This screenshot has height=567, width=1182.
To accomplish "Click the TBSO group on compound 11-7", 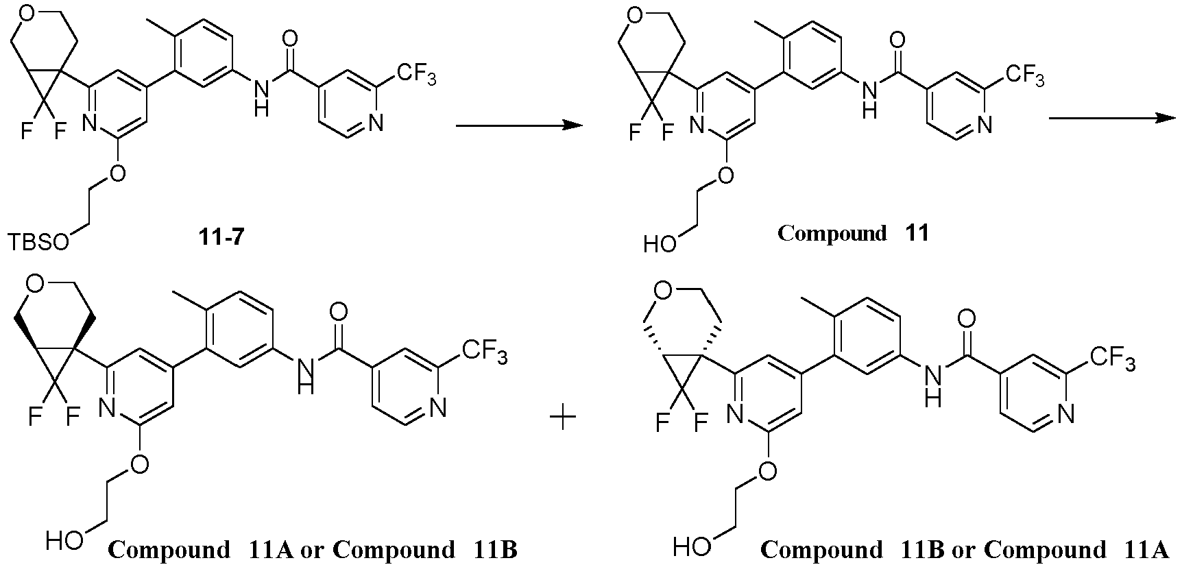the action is click(38, 241).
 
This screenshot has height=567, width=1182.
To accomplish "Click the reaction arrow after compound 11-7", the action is click(519, 125).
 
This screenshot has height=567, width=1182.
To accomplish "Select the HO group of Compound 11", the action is click(660, 242).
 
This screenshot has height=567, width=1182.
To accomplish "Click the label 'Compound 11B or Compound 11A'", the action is click(964, 549).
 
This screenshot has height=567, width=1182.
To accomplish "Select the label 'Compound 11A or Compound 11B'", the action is click(313, 549).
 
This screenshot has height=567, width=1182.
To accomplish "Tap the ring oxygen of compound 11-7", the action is click(26, 12).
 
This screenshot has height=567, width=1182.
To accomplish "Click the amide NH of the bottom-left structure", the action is click(306, 376).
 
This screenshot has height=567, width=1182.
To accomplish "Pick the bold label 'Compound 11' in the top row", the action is click(853, 233).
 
